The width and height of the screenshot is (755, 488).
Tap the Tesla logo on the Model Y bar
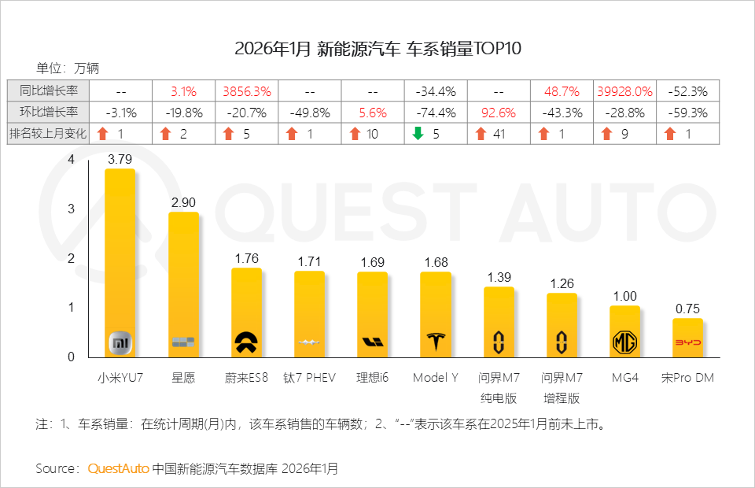pos(435,342)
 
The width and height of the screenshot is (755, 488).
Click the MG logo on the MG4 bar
pos(624,342)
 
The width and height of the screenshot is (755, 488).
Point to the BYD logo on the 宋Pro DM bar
pos(687,342)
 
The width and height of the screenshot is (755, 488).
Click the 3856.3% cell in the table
pos(247,91)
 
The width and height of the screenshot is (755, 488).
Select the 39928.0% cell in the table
pos(624,91)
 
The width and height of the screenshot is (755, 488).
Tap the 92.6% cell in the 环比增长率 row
pos(499,113)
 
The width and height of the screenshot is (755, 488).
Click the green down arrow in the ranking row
pos(418,134)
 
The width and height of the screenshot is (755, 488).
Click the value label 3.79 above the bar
pos(120,159)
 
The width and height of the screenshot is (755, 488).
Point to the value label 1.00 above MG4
pos(624,296)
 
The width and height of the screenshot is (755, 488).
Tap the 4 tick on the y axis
pos(72,160)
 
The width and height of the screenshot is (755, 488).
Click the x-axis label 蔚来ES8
pos(246,378)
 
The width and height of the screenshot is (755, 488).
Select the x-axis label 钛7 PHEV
pos(309,378)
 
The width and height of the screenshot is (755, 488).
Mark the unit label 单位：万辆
pos(67,68)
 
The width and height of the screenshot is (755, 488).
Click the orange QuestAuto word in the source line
pos(118,468)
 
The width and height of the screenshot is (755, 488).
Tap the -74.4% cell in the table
pos(436,113)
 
